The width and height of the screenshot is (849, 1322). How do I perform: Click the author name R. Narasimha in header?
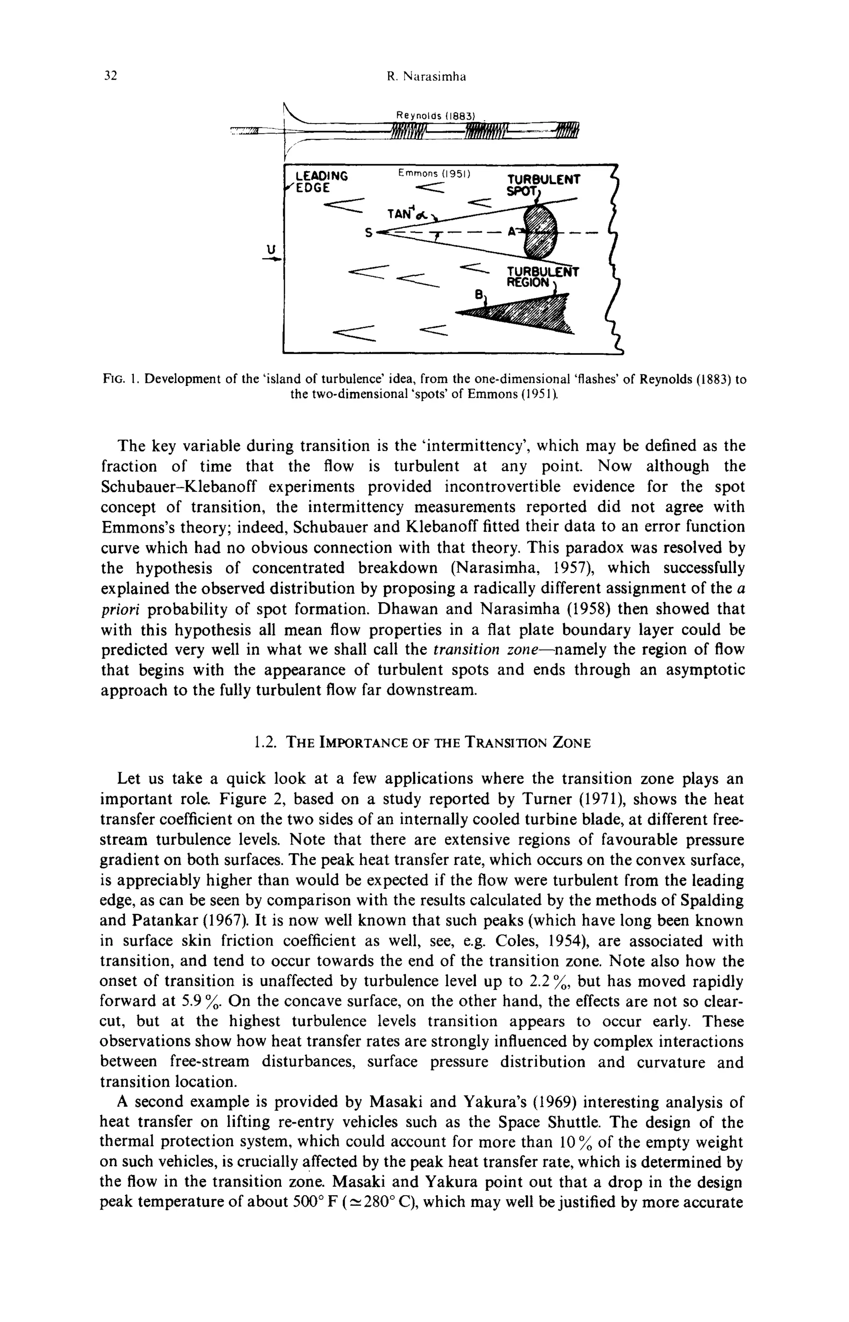426,77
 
